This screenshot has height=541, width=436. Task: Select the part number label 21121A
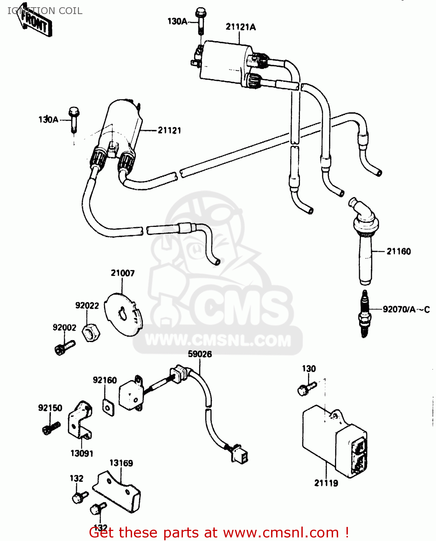(x=240, y=27)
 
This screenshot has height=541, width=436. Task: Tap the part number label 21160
(x=398, y=251)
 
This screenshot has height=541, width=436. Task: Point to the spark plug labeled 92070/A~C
(x=365, y=314)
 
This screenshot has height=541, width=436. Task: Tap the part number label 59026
(x=200, y=354)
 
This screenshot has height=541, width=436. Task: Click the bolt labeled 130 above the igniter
(x=306, y=388)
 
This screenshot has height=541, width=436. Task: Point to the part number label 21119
(x=326, y=483)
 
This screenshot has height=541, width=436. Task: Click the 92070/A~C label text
(x=406, y=309)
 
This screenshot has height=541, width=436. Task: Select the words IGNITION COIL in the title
(x=45, y=11)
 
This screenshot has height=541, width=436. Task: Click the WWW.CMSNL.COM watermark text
(x=218, y=340)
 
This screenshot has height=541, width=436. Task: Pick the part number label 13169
(x=121, y=463)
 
